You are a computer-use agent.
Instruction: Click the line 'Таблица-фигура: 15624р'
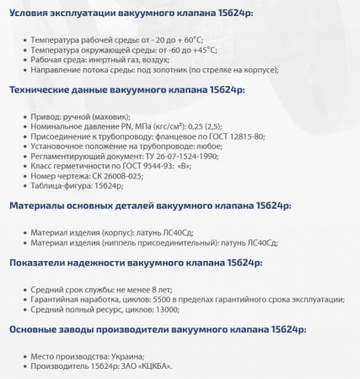point(76,185)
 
